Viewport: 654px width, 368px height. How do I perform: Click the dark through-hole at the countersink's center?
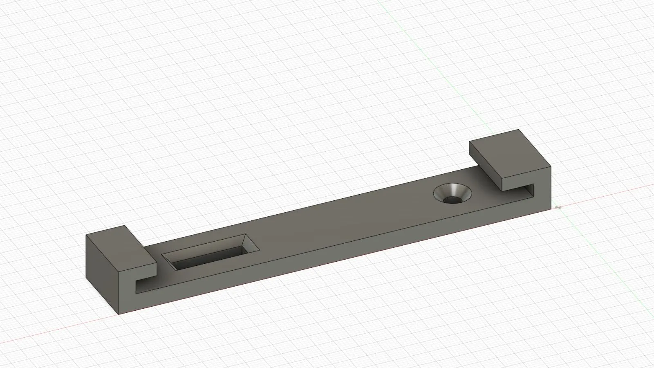point(452,200)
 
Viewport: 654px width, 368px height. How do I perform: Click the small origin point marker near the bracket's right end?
point(557,208)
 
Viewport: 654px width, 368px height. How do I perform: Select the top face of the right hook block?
point(509,153)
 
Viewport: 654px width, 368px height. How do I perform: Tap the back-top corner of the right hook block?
point(520,130)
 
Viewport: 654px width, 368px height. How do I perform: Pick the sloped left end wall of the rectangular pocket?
point(169,262)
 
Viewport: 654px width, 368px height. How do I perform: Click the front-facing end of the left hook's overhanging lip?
point(145,270)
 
